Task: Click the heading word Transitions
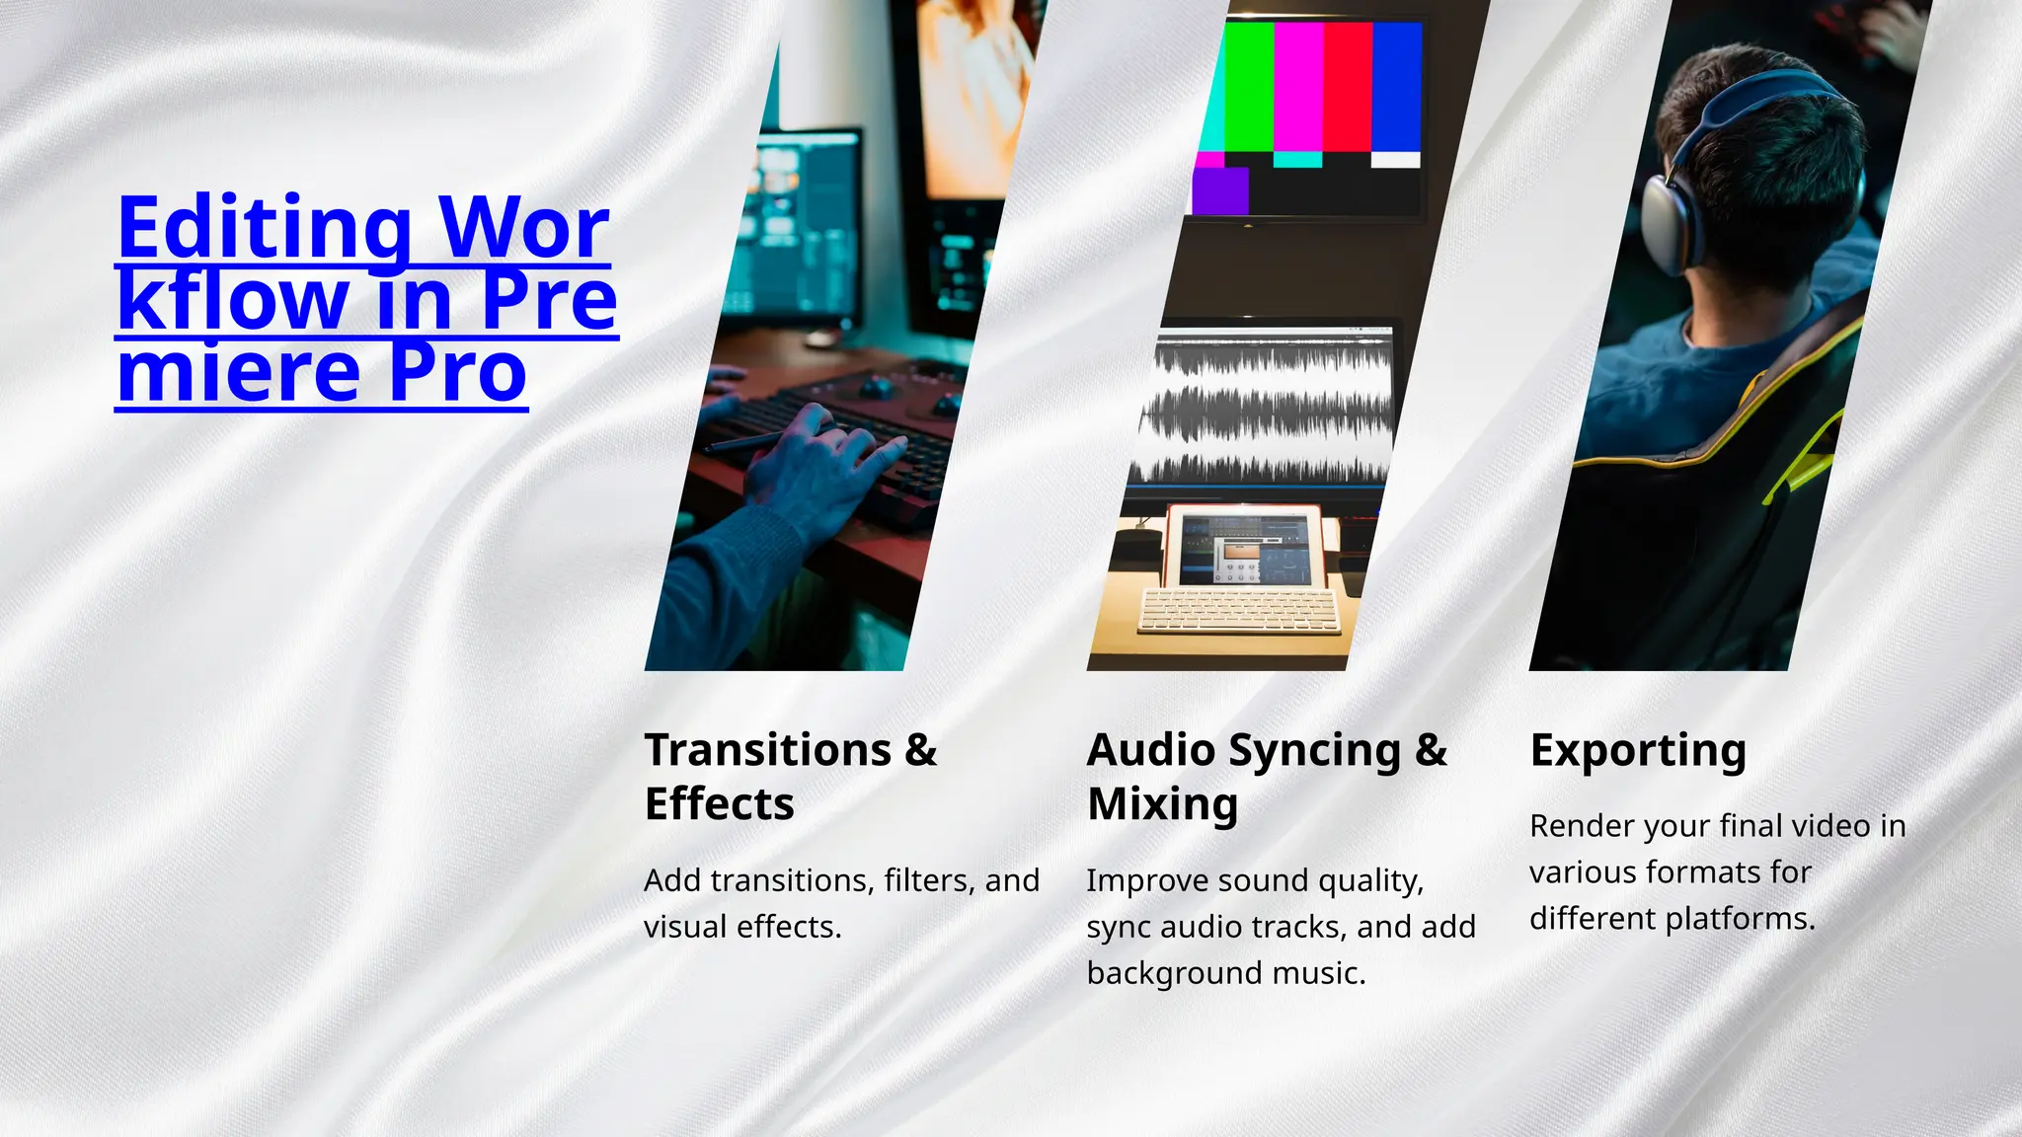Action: [767, 750]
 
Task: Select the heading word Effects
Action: [719, 804]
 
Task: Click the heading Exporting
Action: [1638, 751]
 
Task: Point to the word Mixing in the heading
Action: [1162, 804]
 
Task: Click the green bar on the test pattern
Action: [1249, 87]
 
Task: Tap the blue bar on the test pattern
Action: [1396, 87]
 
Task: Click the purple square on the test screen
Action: [1220, 190]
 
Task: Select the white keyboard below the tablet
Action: [1240, 611]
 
